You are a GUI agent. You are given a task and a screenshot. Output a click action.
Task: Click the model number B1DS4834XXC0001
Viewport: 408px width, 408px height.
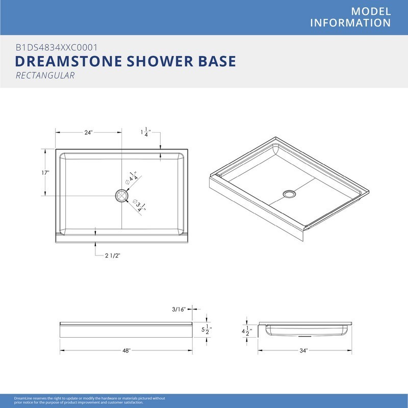pyautogui.click(x=57, y=47)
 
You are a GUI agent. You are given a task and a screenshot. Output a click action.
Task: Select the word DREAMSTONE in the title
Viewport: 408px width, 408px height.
pyautogui.click(x=68, y=61)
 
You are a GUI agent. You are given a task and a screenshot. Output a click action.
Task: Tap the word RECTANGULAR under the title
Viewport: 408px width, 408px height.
pyautogui.click(x=45, y=75)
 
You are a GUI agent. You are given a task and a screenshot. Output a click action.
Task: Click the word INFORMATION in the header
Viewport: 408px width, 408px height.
pyautogui.click(x=350, y=23)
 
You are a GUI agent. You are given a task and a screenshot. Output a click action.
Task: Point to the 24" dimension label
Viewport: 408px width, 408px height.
pyautogui.click(x=88, y=133)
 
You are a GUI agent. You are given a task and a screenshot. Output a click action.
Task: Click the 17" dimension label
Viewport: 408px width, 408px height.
pyautogui.click(x=45, y=173)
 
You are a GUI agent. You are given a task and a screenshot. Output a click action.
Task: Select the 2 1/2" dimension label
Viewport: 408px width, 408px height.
pyautogui.click(x=113, y=256)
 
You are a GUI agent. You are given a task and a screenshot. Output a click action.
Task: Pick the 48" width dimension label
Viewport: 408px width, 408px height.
pyautogui.click(x=126, y=350)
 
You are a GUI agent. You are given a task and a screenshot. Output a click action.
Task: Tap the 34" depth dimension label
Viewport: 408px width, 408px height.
pyautogui.click(x=303, y=350)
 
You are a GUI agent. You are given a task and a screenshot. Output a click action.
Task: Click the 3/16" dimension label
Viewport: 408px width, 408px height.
pyautogui.click(x=178, y=309)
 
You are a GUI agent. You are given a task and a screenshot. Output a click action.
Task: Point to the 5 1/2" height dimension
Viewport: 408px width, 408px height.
pyautogui.click(x=207, y=329)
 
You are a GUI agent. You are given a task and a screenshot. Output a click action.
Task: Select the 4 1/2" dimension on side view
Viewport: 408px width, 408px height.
pyautogui.click(x=247, y=331)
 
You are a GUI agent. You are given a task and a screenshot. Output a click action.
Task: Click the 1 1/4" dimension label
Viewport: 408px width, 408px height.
pyautogui.click(x=146, y=132)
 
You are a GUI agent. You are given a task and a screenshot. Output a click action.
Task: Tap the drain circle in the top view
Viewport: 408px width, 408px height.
pyautogui.click(x=122, y=196)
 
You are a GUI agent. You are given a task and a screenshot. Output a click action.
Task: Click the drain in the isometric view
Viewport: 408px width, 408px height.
pyautogui.click(x=289, y=194)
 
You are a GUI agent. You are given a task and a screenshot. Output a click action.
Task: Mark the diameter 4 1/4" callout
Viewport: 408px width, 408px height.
pyautogui.click(x=132, y=178)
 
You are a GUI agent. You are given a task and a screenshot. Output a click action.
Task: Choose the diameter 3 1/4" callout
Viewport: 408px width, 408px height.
pyautogui.click(x=139, y=206)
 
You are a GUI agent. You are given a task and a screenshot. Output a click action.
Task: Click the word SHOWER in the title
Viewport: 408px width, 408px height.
pyautogui.click(x=160, y=61)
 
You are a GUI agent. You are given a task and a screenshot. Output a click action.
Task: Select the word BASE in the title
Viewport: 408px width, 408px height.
pyautogui.click(x=217, y=61)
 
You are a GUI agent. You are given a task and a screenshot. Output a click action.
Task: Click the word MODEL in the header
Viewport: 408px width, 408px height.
pyautogui.click(x=371, y=11)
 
